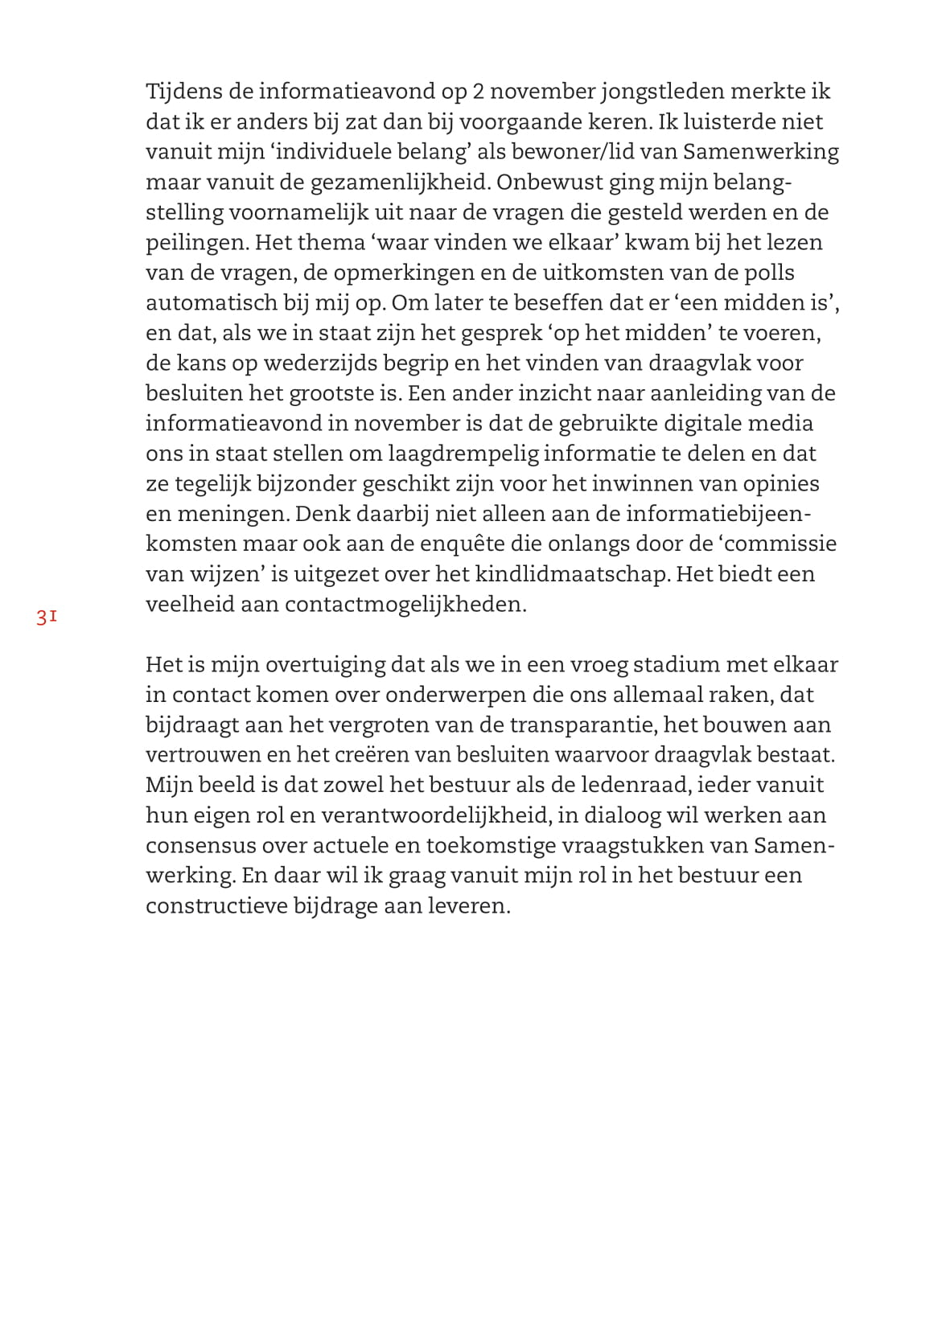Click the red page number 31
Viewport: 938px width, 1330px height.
46,618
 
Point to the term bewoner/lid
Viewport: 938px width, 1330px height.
582,152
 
